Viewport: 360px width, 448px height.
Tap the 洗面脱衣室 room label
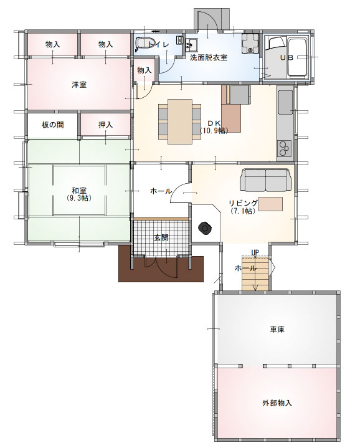point(209,57)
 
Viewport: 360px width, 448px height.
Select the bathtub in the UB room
point(298,57)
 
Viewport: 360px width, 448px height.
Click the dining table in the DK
point(180,122)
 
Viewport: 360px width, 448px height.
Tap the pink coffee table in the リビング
point(271,204)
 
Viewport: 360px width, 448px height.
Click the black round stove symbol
point(206,228)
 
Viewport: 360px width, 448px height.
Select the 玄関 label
point(161,237)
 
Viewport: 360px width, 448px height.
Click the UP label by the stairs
point(255,252)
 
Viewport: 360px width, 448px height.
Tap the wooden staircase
point(255,274)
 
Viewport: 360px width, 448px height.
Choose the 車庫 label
point(277,330)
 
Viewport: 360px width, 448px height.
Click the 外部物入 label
point(277,403)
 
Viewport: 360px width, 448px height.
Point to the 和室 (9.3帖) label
point(79,194)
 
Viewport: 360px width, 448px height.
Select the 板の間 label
point(53,125)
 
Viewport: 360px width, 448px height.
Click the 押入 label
point(106,125)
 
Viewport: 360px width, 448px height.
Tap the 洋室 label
point(79,85)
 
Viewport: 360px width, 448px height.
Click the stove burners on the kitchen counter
point(285,148)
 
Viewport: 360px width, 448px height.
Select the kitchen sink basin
point(285,103)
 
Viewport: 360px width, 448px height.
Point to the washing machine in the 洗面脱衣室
point(250,44)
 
